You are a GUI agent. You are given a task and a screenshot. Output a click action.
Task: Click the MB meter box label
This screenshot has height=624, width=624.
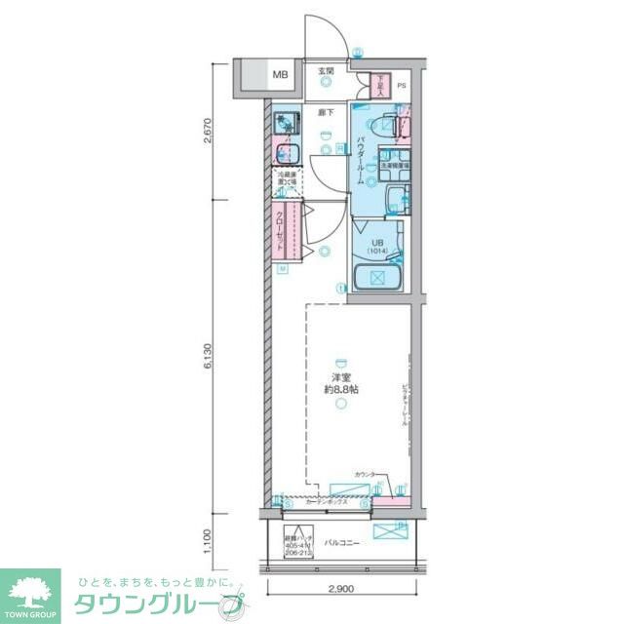point(280,75)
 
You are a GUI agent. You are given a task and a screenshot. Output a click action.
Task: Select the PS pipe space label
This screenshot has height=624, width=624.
point(400,85)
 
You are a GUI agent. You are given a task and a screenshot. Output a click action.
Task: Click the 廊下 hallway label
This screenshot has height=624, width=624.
point(326,113)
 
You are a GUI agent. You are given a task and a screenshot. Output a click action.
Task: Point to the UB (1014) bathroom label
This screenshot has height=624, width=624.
point(377,248)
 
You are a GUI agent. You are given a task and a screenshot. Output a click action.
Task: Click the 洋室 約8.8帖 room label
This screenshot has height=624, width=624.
point(341,383)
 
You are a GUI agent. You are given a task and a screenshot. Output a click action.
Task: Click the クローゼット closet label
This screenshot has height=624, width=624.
point(281,232)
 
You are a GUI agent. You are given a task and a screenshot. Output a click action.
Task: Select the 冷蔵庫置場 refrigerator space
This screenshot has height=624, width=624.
point(285,182)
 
